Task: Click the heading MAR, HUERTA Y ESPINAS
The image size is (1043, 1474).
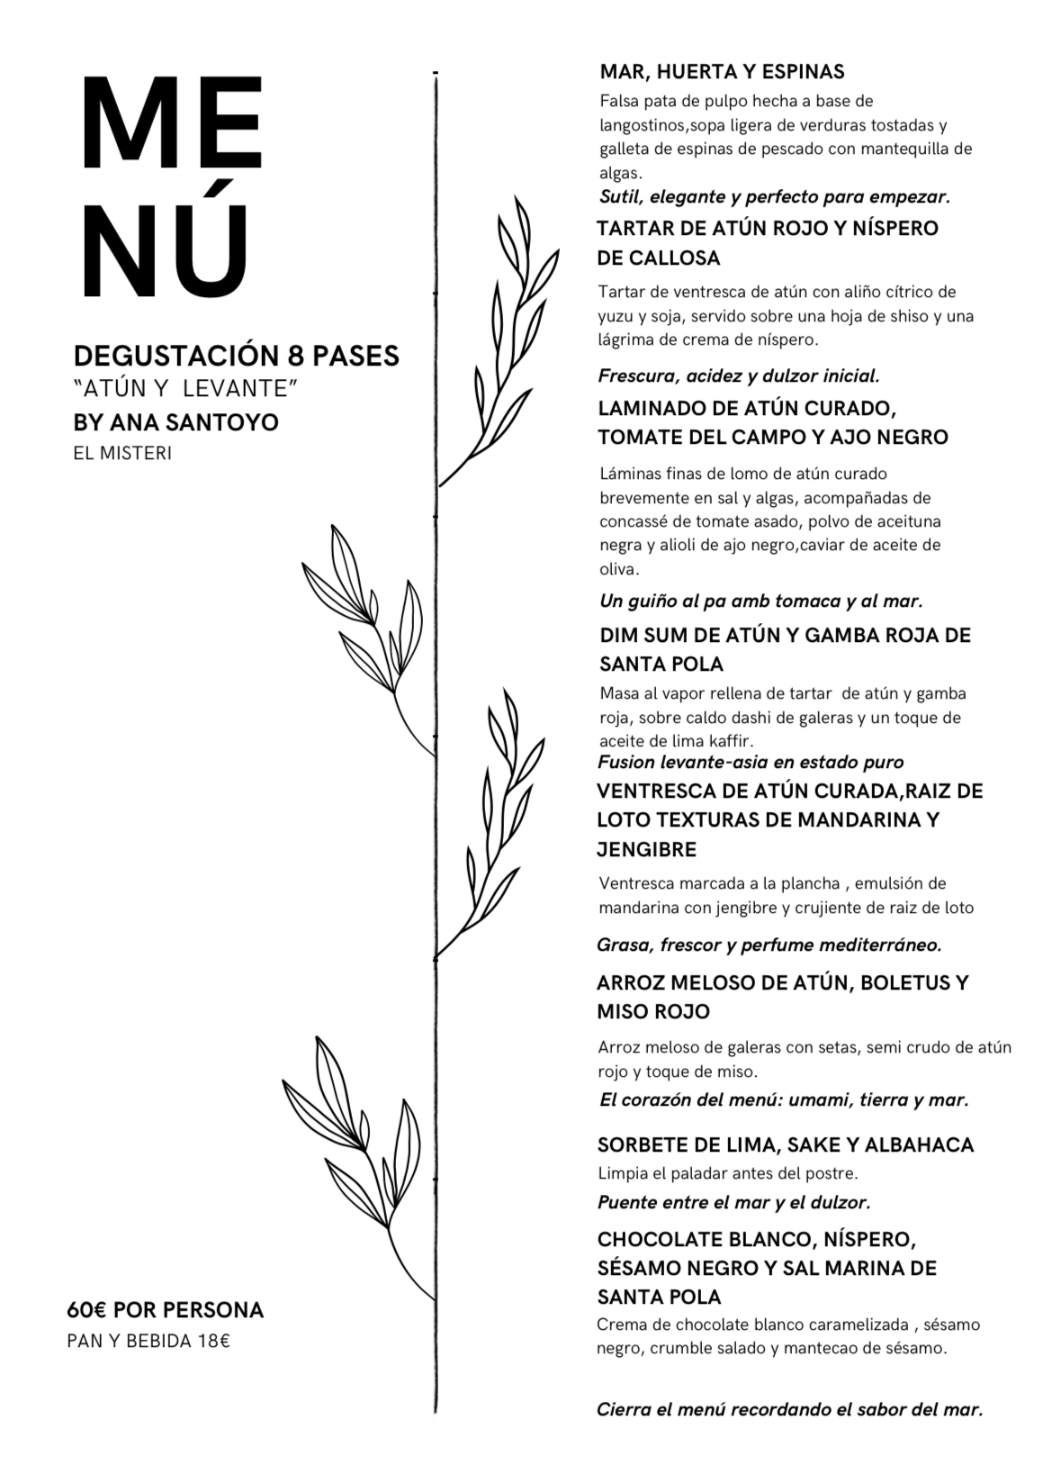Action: coord(722,72)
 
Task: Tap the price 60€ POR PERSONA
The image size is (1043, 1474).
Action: coord(165,1310)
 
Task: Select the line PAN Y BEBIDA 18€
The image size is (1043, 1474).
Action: coord(148,1341)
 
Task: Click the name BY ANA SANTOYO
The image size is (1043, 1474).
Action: coord(175,422)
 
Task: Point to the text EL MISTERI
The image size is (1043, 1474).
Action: coord(122,453)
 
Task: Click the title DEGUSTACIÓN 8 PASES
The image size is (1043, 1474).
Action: coord(236,356)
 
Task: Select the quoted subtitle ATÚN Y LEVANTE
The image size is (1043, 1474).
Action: coord(185,390)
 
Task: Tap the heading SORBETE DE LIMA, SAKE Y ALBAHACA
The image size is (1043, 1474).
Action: coord(785,1145)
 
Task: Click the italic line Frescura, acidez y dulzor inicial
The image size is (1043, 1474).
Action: coord(739,375)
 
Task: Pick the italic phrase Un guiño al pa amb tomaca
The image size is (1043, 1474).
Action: coord(760,601)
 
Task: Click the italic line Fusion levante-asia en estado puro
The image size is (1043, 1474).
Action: coord(751,763)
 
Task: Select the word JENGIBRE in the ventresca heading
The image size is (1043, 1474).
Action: coord(646,849)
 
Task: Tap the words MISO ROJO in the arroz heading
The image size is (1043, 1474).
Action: coord(653,1012)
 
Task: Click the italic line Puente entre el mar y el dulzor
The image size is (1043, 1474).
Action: coord(733,1202)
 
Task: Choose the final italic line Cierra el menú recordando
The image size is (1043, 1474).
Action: coord(789,1409)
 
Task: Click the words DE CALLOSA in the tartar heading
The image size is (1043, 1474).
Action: coord(659,258)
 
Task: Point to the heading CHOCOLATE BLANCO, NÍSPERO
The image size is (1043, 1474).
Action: coord(756,1239)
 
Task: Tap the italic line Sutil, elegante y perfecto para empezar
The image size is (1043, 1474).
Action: coord(775,196)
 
